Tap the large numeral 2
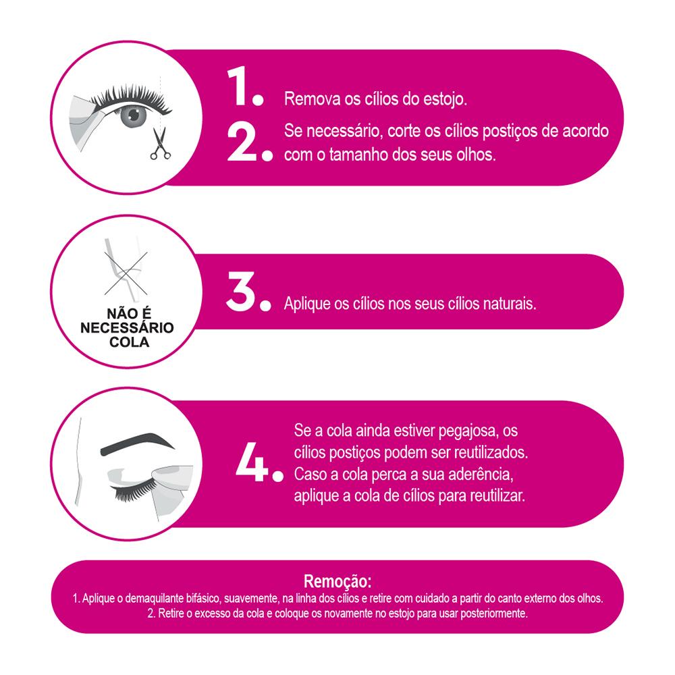[241, 143]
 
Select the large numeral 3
[241, 292]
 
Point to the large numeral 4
[252, 462]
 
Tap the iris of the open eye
[134, 115]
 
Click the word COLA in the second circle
[129, 342]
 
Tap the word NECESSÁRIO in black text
[127, 328]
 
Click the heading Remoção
[337, 582]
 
